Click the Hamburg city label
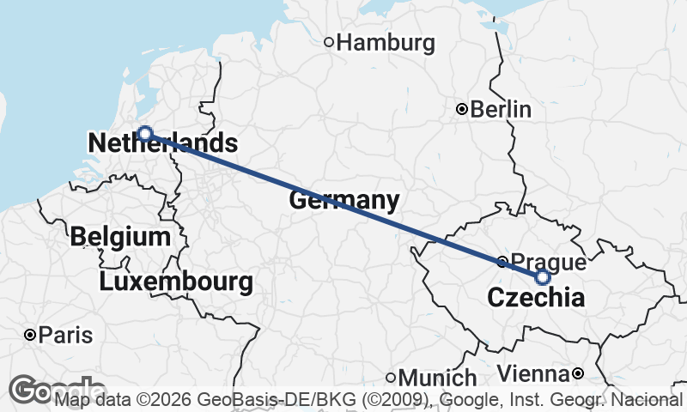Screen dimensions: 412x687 [x=386, y=42]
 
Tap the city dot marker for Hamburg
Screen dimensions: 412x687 [x=329, y=41]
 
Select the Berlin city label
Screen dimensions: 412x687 [x=501, y=110]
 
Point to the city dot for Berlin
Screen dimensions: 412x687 [x=462, y=109]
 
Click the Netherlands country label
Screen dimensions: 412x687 [x=162, y=143]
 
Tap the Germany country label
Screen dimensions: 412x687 [x=344, y=202]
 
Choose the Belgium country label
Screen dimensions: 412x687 [x=121, y=236]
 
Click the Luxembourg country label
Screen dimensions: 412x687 [x=176, y=281]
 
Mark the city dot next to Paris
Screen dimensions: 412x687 [x=30, y=335]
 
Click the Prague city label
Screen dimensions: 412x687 [x=548, y=261]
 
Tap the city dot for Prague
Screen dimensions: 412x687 [x=502, y=261]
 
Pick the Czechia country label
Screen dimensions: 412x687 [x=536, y=299]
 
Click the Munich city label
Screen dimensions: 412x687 [x=437, y=378]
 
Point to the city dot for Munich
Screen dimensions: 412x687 [x=390, y=377]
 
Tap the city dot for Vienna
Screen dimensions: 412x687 [x=578, y=373]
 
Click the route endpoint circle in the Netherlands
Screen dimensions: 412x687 [x=145, y=133]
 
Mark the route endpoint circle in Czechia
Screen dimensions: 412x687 [x=543, y=277]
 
